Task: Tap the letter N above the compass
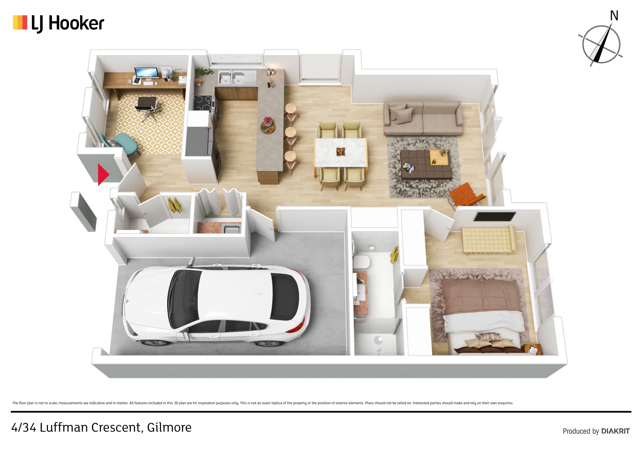point(614,16)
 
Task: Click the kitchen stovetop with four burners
point(204,103)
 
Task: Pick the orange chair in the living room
point(466,195)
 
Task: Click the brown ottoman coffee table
point(425,164)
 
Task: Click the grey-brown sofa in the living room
point(423,118)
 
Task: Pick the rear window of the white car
point(285,297)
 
